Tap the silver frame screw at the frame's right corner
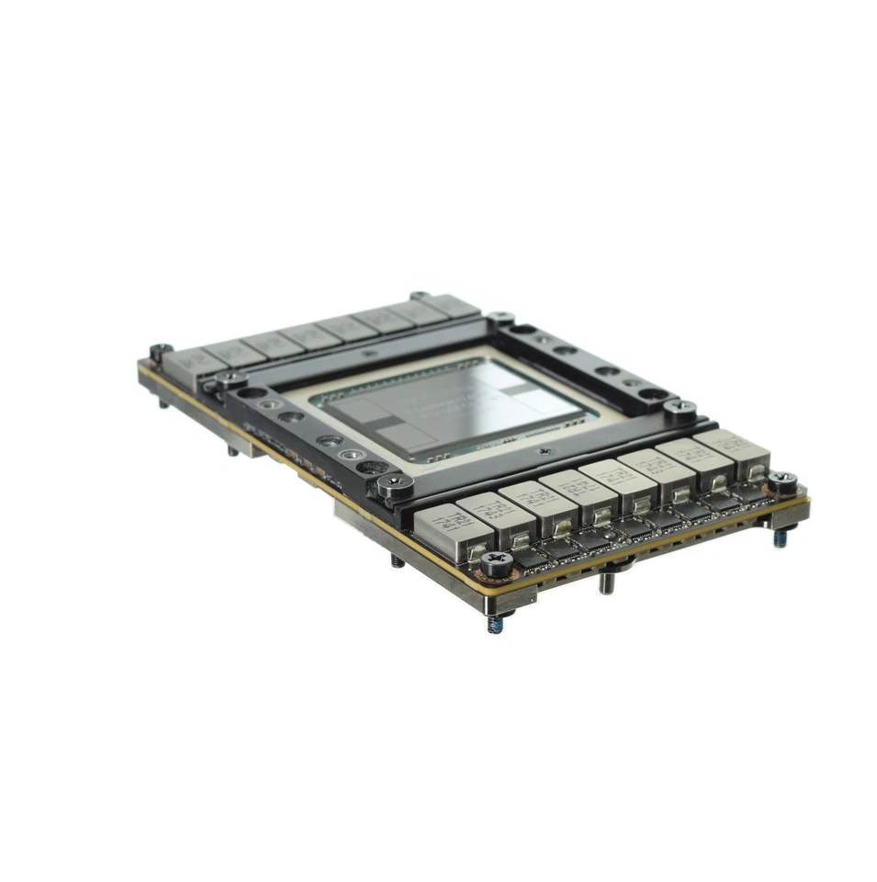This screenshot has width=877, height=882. coord(681,406)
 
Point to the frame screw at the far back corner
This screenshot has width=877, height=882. coord(502,318)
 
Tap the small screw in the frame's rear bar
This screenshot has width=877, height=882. coord(369,354)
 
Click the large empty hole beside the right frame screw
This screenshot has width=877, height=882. coord(653,397)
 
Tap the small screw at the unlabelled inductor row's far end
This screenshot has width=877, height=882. coord(418,297)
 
